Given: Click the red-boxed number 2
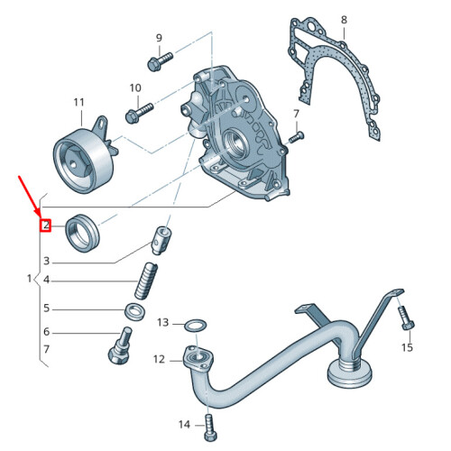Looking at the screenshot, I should tap(44, 225).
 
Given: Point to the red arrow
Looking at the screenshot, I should tap(30, 199).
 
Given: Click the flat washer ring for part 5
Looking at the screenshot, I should tap(135, 312).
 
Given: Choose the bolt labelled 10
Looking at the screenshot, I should tap(135, 114).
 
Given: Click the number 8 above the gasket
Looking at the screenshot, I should tap(344, 19).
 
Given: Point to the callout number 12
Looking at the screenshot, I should tap(160, 360).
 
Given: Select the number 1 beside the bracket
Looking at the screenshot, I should tap(28, 282).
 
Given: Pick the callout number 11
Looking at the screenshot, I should tap(78, 101).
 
